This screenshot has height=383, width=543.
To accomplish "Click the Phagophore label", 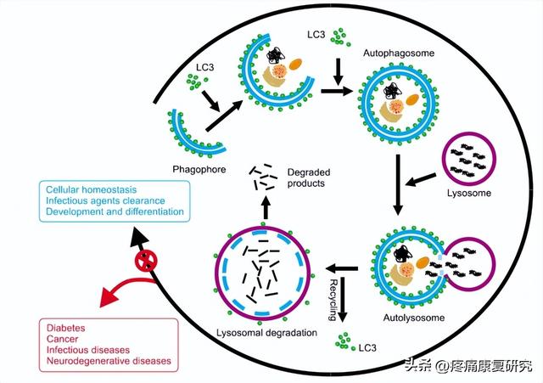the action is click(199, 170).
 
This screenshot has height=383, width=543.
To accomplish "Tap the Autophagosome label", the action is click(399, 54).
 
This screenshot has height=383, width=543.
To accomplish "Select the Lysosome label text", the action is click(469, 193).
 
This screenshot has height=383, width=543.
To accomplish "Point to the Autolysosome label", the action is click(414, 318).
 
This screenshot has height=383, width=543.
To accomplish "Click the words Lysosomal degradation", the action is click(266, 333).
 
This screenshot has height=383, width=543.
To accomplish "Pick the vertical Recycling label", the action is click(333, 300).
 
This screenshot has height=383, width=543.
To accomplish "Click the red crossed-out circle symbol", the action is click(146, 261).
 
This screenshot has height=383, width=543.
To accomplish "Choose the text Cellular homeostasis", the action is click(92, 189).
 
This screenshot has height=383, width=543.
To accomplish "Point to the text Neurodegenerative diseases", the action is click(109, 361).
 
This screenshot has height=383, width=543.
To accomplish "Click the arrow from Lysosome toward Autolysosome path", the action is click(421, 179).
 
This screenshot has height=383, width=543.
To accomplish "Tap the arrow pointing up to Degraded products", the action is click(266, 206).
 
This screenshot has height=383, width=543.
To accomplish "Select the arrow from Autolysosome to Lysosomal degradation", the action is click(341, 268).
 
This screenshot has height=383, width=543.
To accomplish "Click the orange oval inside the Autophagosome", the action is click(413, 99).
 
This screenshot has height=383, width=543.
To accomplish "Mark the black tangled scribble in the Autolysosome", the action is click(402, 254).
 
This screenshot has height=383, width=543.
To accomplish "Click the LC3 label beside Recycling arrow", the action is click(367, 347).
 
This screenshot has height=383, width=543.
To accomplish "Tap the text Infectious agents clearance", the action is click(105, 200).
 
